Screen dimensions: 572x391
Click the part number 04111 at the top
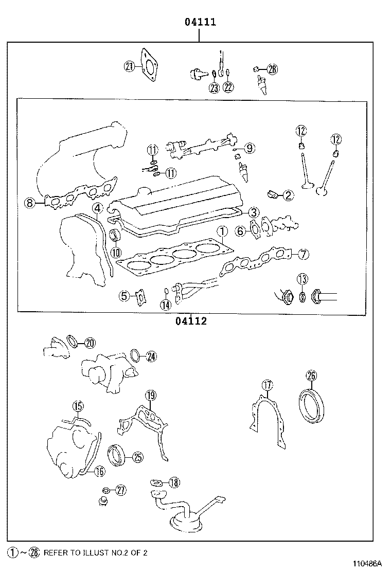[200, 22]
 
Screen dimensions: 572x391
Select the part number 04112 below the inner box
[190, 321]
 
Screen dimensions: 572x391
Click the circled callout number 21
[129, 65]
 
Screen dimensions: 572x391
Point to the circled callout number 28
[272, 69]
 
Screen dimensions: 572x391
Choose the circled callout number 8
[30, 203]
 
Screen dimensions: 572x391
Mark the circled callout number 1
[222, 231]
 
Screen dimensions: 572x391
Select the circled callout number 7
[304, 254]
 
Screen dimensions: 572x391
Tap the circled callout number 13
[302, 279]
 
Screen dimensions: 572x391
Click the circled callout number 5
[123, 296]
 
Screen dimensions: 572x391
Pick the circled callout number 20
[90, 343]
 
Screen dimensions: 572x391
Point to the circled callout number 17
[266, 385]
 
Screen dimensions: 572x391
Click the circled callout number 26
[311, 376]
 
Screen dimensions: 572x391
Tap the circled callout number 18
[174, 482]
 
